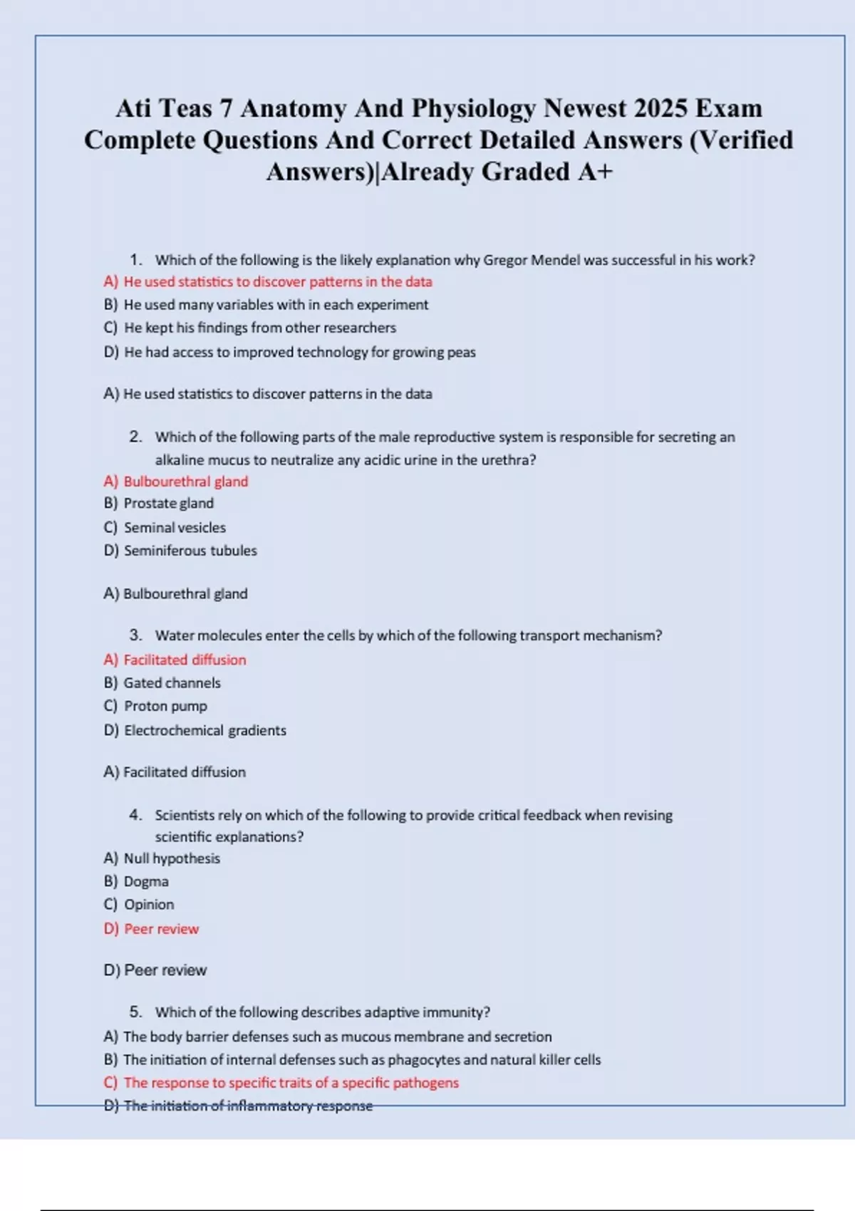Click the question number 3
[x=135, y=635]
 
